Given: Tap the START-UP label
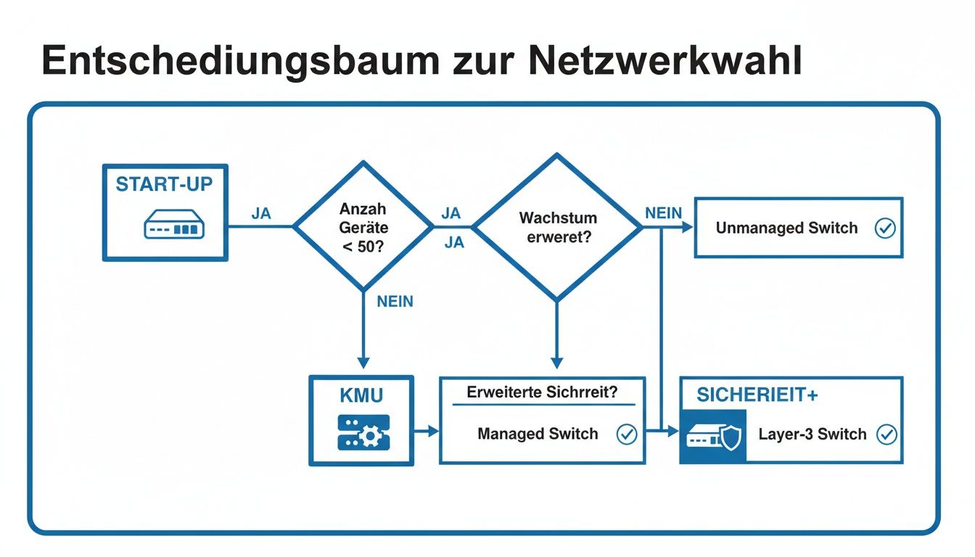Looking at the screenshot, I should (x=165, y=184).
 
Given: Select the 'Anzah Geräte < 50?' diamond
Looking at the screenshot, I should (x=363, y=227).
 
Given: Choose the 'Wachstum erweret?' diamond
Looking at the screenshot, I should (x=557, y=227).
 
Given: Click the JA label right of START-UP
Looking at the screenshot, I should (x=261, y=214).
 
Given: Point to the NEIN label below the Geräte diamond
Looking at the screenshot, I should (x=395, y=302).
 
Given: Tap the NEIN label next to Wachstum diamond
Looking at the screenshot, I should (x=663, y=213).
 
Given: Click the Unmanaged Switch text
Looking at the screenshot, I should (x=786, y=228).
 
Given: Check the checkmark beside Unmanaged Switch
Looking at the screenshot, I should (x=885, y=228).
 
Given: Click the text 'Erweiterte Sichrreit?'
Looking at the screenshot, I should (x=542, y=392).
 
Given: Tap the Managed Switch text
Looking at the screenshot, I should (x=538, y=434).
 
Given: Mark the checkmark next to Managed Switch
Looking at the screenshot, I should (x=626, y=434).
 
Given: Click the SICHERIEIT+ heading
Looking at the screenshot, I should (x=757, y=395).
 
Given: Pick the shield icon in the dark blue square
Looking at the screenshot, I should (x=731, y=437).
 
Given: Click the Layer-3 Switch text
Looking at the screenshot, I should (x=812, y=434).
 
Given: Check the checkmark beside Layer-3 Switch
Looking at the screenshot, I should (x=886, y=434).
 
